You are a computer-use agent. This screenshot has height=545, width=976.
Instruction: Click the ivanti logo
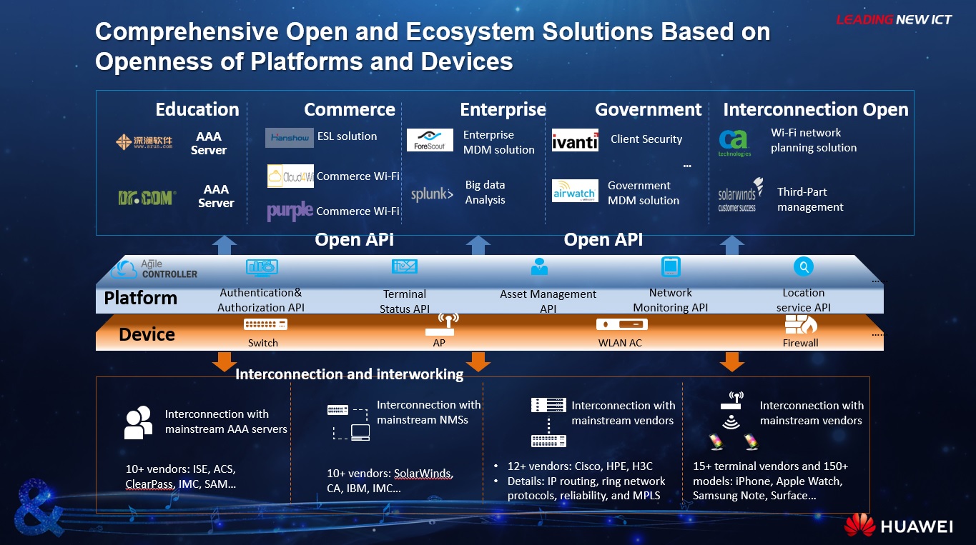[575, 140]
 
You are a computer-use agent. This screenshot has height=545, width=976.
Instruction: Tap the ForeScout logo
[430, 140]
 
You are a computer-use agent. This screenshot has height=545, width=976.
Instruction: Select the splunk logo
[432, 194]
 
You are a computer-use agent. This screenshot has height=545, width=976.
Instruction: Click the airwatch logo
[575, 191]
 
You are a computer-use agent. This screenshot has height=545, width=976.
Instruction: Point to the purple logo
[290, 211]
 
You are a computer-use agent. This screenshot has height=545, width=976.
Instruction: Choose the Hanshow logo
[290, 138]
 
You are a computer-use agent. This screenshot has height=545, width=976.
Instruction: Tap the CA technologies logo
[734, 143]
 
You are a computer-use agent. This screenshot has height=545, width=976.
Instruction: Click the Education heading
[197, 109]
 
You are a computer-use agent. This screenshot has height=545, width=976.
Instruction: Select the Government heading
[649, 109]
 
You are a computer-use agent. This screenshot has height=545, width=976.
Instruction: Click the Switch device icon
[265, 324]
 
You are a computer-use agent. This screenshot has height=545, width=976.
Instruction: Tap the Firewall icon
[801, 324]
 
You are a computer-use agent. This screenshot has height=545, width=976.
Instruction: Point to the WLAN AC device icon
[622, 324]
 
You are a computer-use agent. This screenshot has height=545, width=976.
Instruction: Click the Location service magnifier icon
[804, 266]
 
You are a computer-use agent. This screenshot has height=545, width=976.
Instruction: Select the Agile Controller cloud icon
[123, 269]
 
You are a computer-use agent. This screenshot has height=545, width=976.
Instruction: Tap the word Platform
[141, 298]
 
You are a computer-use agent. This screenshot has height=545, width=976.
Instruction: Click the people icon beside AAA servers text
[139, 422]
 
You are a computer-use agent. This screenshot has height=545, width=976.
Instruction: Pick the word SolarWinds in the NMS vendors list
[423, 473]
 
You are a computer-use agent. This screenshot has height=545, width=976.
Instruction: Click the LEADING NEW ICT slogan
[894, 19]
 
